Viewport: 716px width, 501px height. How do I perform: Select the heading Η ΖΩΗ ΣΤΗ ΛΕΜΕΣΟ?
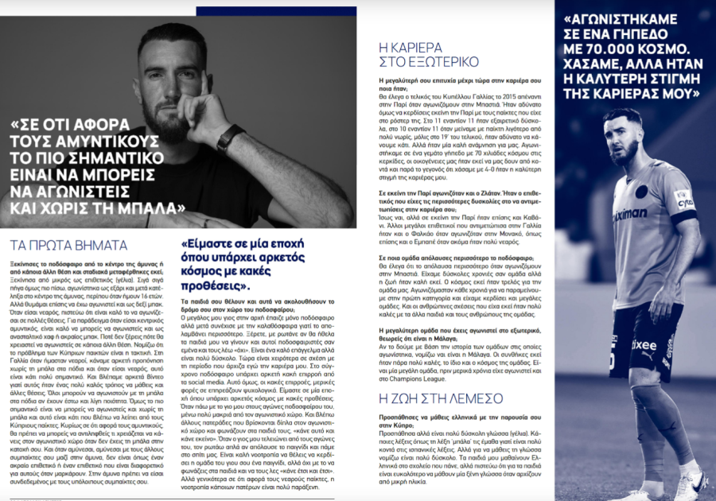(430, 398)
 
